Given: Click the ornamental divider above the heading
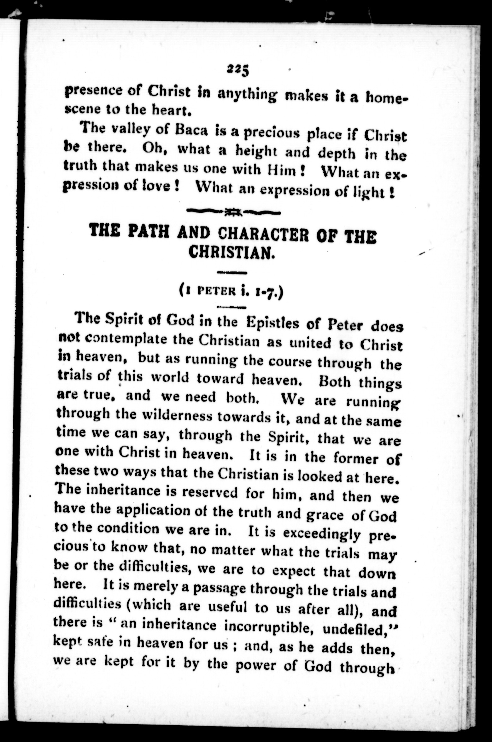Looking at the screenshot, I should (x=233, y=212).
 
